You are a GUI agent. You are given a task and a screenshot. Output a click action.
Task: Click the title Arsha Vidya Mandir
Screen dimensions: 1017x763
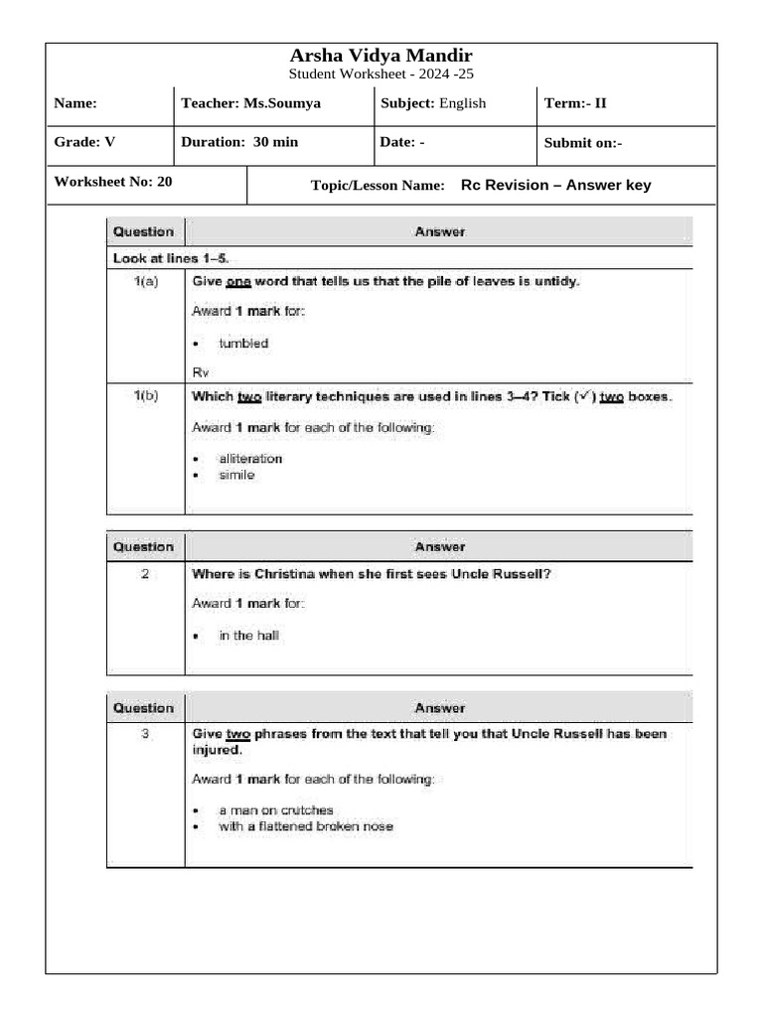click(x=381, y=56)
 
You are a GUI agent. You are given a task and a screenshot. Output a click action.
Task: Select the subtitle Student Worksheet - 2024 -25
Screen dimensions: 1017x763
click(x=381, y=74)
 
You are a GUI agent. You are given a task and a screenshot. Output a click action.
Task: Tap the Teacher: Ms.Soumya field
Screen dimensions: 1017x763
click(x=250, y=103)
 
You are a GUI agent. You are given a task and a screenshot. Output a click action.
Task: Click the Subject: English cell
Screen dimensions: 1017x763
click(x=433, y=103)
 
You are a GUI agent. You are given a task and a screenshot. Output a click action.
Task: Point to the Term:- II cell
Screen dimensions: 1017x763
click(x=575, y=103)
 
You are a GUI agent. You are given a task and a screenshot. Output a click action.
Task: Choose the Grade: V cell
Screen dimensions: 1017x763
click(x=84, y=142)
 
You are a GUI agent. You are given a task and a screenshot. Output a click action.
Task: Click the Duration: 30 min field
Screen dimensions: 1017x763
click(x=239, y=142)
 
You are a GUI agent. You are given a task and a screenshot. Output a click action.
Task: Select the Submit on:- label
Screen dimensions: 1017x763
click(x=583, y=143)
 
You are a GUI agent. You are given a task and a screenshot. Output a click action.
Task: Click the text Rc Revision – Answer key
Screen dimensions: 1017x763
click(x=555, y=185)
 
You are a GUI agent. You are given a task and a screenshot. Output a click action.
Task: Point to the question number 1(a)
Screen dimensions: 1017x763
click(x=145, y=282)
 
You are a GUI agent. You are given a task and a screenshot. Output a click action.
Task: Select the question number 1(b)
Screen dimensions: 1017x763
click(x=145, y=396)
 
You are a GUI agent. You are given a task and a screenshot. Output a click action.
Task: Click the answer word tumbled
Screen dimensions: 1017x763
click(x=243, y=344)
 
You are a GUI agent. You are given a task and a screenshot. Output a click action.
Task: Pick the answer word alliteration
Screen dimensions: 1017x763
click(x=250, y=459)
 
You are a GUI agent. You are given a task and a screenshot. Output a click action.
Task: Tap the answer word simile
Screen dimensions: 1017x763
click(x=236, y=475)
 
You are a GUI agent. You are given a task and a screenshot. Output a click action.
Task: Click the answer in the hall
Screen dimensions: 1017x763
click(x=249, y=636)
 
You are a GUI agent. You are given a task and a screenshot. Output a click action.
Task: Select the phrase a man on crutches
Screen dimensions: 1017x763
click(x=276, y=810)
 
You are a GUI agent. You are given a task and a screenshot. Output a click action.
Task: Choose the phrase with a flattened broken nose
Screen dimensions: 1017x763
click(x=306, y=826)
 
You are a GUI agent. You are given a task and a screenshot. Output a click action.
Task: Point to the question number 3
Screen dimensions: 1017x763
click(x=145, y=735)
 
